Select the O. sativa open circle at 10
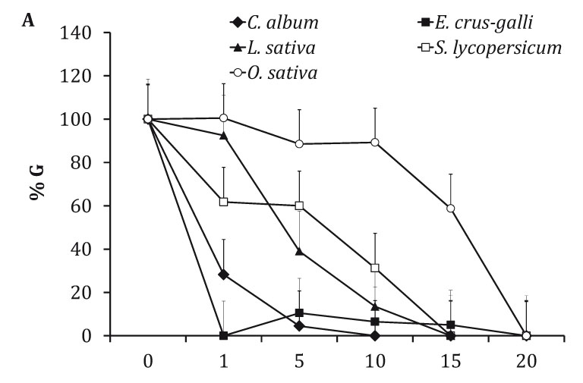374,143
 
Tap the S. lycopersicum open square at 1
223,202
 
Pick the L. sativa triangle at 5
299,251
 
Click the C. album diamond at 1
223,274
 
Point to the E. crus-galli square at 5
299,312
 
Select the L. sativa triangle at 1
223,135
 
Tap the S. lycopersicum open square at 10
374,268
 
